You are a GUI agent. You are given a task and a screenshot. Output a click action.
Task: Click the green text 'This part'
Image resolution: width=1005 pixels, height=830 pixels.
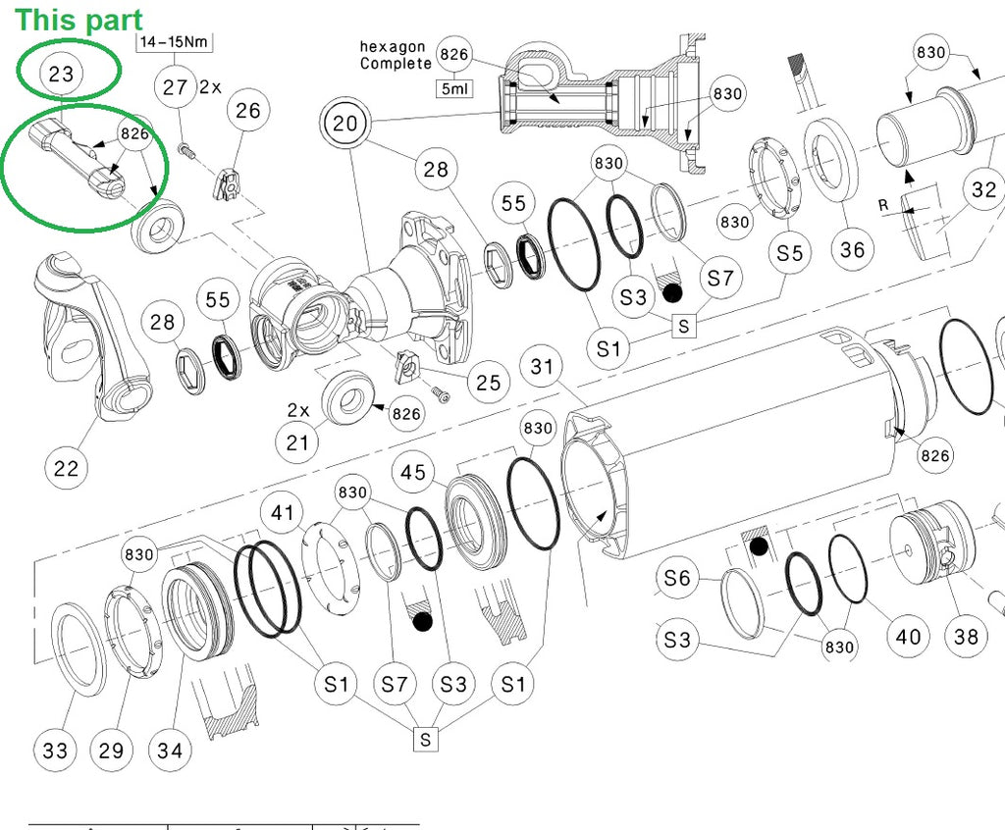[79, 19]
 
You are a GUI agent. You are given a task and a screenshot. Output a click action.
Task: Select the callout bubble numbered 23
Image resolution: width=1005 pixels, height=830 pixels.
[61, 74]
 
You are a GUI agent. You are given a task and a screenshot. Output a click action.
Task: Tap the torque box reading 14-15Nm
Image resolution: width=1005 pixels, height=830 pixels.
[174, 42]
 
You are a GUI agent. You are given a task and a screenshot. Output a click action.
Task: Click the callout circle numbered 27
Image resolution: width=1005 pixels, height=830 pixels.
[175, 87]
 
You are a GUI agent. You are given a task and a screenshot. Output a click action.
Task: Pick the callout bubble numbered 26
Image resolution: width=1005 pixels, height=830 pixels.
[248, 109]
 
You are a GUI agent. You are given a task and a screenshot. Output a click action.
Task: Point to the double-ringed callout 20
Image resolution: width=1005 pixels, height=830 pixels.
[344, 124]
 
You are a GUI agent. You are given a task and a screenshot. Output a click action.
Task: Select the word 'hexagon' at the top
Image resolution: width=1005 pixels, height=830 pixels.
[393, 46]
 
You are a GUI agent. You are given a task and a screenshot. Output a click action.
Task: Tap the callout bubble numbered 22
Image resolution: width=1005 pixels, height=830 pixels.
[66, 467]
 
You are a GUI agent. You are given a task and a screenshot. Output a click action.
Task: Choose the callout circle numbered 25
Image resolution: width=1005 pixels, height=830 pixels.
[488, 382]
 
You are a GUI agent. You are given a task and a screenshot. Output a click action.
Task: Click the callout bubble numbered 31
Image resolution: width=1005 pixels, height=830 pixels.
[542, 367]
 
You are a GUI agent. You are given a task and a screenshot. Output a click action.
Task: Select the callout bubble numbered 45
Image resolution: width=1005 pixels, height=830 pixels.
[413, 473]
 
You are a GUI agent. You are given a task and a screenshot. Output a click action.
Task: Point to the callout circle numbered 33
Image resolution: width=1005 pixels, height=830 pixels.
[55, 751]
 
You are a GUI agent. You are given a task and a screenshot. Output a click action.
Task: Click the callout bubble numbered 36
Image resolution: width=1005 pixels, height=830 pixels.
[853, 249]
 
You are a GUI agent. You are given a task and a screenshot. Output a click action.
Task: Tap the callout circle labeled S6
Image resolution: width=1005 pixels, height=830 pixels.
[677, 578]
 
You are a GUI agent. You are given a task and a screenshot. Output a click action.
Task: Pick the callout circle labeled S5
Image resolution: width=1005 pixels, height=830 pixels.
[790, 252]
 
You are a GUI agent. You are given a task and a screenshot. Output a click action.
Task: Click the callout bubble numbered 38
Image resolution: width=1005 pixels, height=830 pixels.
[966, 636]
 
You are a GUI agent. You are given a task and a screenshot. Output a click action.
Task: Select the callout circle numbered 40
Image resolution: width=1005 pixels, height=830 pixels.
[909, 636]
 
